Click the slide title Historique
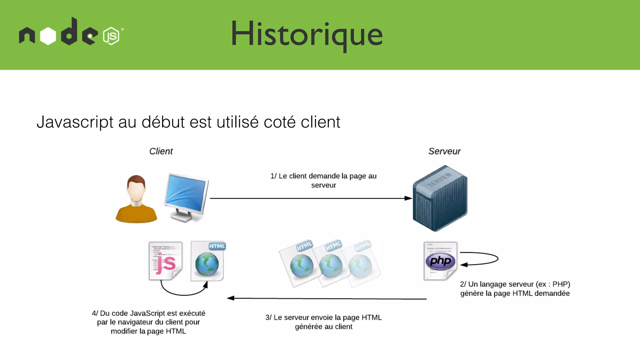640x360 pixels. tap(307, 34)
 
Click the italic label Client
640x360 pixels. tap(161, 151)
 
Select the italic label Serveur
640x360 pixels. tap(444, 151)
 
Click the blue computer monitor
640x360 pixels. tap(186, 197)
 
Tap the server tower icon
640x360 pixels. tap(440, 198)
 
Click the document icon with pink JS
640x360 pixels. tap(165, 261)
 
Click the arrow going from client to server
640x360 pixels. tap(309, 198)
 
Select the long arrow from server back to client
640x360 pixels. tap(327, 298)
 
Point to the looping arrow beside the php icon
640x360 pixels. tap(487, 259)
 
